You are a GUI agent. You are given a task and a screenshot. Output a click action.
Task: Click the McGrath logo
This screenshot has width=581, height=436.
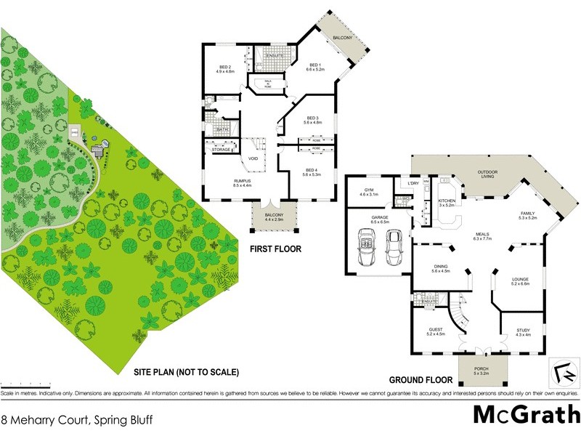(521, 414)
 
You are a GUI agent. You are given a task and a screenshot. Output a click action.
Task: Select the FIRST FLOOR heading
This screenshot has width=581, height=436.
(275, 249)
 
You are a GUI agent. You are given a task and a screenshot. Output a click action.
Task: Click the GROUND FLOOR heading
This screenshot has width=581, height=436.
(421, 380)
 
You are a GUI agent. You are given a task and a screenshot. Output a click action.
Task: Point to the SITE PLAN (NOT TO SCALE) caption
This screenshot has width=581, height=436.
(186, 372)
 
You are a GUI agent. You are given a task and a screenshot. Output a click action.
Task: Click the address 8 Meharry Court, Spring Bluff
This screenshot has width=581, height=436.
(76, 419)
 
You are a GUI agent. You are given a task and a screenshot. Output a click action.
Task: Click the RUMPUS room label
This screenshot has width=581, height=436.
(232, 182)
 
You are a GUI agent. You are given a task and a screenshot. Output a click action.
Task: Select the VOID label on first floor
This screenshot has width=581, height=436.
(253, 158)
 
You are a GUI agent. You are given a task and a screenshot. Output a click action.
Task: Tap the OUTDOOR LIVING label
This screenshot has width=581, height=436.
(487, 174)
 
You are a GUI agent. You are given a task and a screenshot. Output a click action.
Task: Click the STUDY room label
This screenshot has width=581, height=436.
(523, 331)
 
